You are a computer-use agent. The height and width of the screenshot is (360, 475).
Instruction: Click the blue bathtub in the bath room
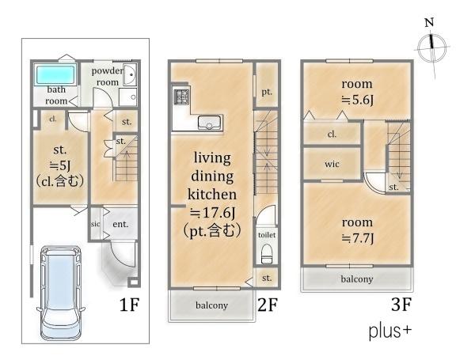tap(55, 75)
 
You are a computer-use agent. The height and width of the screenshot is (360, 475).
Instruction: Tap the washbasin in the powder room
tap(131, 74)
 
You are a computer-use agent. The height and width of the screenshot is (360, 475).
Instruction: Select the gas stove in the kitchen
tap(180, 97)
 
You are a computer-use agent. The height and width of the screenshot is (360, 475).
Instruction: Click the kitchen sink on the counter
tap(209, 123)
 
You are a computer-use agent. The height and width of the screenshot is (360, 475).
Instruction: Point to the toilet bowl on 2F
tap(267, 254)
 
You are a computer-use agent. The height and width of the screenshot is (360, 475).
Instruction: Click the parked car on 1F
tap(61, 293)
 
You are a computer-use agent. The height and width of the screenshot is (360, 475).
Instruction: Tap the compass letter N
tap(429, 23)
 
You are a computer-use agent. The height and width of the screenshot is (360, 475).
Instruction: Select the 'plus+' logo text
tap(389, 331)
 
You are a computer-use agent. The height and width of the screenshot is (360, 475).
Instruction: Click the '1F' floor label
tap(129, 305)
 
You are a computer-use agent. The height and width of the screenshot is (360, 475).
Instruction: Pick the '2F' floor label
tap(268, 305)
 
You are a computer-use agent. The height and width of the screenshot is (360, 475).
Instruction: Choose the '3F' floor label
tap(401, 304)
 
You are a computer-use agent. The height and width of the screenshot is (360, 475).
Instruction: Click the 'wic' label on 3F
tap(332, 164)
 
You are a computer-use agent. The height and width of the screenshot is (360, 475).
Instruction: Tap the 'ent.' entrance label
tap(120, 224)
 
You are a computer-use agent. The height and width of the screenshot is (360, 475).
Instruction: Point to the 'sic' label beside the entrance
tap(95, 224)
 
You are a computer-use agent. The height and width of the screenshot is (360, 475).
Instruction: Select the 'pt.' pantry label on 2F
tap(267, 92)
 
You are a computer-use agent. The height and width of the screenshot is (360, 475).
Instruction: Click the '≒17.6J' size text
tap(212, 213)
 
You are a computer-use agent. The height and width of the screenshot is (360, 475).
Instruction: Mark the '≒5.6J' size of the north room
tap(358, 100)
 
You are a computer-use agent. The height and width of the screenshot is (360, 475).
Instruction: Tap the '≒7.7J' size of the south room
tap(358, 238)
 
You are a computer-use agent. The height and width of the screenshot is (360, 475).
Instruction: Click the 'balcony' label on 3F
tap(357, 279)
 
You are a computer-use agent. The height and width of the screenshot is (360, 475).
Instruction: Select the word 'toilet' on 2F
tap(267, 235)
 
